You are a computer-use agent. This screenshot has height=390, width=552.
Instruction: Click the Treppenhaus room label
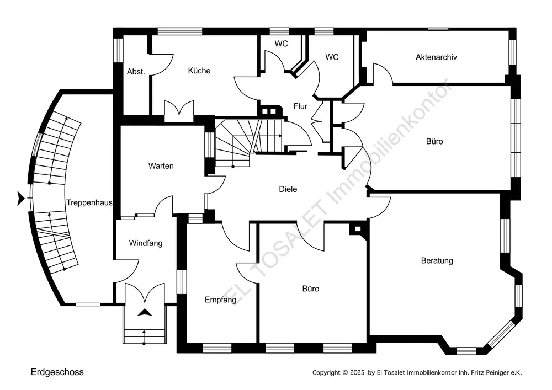point(89,202)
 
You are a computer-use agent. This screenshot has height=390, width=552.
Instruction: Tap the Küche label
point(199,71)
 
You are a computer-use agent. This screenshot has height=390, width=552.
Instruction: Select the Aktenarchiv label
point(436,57)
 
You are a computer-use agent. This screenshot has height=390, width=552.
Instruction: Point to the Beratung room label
point(437,260)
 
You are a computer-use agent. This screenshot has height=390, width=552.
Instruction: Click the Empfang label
point(220,300)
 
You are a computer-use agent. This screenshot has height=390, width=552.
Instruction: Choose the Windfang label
point(146,243)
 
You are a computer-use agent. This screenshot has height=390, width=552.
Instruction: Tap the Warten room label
point(161,166)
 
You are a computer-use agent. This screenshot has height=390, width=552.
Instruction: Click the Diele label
point(288,189)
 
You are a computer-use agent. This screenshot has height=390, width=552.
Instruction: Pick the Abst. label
point(136,72)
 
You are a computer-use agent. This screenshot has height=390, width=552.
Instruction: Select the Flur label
point(300,106)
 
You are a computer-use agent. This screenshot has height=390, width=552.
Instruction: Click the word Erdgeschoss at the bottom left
point(57,372)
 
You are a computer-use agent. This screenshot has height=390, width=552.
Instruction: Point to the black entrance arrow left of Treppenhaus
point(21,197)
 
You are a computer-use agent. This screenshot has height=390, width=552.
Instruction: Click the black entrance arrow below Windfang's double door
point(145,313)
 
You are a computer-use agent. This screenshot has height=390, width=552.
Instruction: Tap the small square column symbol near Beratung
point(358,228)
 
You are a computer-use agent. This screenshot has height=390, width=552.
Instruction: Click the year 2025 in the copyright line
point(357,373)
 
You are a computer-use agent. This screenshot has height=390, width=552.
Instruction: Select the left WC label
point(282,43)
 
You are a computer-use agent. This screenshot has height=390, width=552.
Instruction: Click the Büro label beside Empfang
point(310,289)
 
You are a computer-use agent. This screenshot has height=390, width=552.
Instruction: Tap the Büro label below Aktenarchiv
point(434,141)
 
